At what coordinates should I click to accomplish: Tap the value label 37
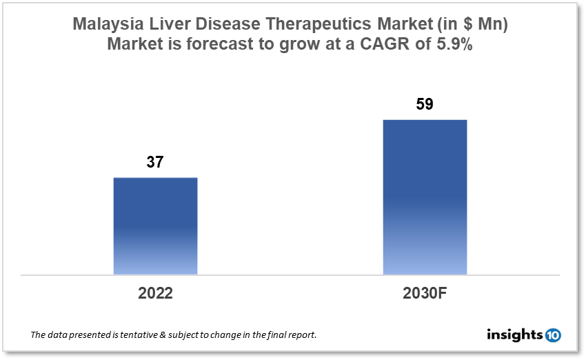click(x=155, y=162)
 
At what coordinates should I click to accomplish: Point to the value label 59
click(x=425, y=105)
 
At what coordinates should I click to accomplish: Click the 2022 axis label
click(x=155, y=292)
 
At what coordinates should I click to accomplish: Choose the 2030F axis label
click(x=425, y=292)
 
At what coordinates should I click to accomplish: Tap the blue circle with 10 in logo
click(x=553, y=335)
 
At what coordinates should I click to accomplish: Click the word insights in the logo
click(x=515, y=335)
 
